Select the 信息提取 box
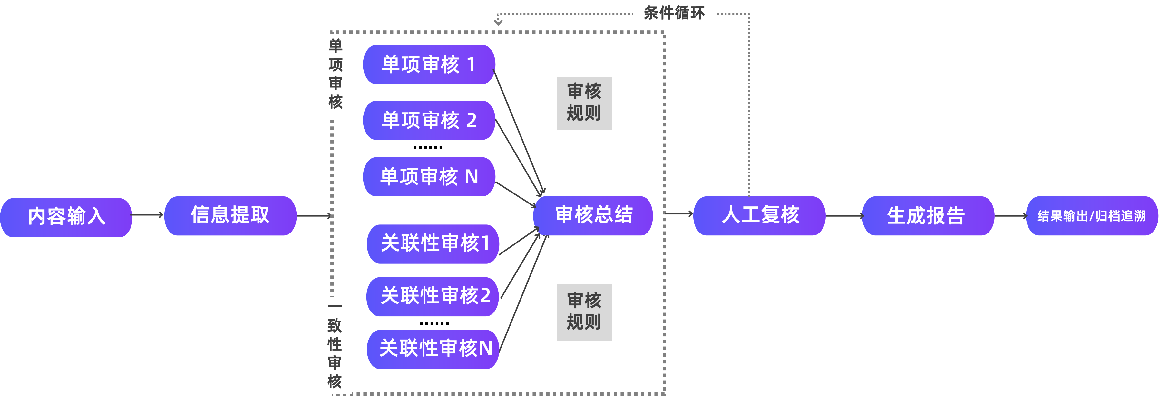click(230, 215)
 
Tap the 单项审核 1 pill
click(428, 64)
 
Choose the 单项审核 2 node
click(428, 120)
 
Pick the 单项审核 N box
click(428, 176)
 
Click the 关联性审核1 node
click(433, 243)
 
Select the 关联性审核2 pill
click(433, 296)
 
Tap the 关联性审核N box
click(433, 349)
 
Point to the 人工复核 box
click(759, 215)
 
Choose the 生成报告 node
click(927, 215)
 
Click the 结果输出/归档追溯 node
click(1092, 215)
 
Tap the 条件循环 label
click(674, 12)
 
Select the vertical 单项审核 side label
click(336, 74)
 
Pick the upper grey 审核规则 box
click(584, 103)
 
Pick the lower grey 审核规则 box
click(584, 312)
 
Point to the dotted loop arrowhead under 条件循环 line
click(498, 21)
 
